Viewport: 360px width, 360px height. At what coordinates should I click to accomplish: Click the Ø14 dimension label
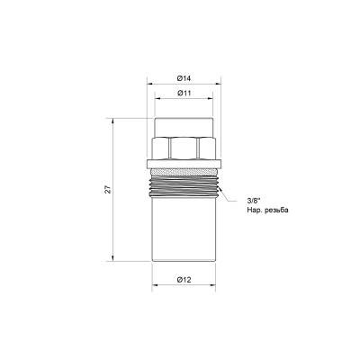(184, 78)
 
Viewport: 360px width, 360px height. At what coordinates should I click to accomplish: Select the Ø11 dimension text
(184, 94)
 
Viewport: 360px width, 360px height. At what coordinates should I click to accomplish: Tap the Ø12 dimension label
(184, 280)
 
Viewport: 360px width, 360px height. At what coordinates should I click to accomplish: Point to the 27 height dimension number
(108, 190)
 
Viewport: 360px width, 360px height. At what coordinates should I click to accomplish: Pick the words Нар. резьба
(267, 211)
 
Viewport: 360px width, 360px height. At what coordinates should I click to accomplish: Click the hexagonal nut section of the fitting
(184, 148)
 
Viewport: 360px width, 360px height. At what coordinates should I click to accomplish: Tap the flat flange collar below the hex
(184, 164)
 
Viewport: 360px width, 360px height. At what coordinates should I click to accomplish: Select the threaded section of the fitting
(184, 186)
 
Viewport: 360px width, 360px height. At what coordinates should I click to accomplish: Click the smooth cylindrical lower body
(184, 229)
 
